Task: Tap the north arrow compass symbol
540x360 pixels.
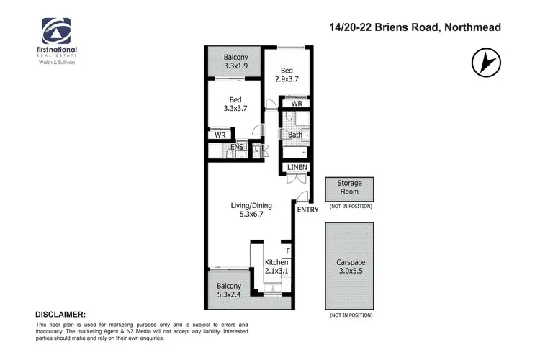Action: click(x=486, y=63)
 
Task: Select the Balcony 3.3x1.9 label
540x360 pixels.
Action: click(x=235, y=61)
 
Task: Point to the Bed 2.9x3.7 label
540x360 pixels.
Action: click(x=287, y=76)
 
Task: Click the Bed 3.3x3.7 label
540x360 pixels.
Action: click(x=235, y=104)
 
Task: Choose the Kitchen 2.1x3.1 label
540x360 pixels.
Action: click(x=276, y=266)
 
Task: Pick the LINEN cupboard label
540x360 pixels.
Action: click(x=297, y=168)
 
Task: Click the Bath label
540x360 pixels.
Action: click(x=295, y=135)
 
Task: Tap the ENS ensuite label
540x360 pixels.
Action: click(x=237, y=148)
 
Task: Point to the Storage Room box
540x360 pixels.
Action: click(x=351, y=189)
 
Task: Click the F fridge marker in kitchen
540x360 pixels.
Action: click(x=287, y=251)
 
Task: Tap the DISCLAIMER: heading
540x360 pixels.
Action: click(x=60, y=315)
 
